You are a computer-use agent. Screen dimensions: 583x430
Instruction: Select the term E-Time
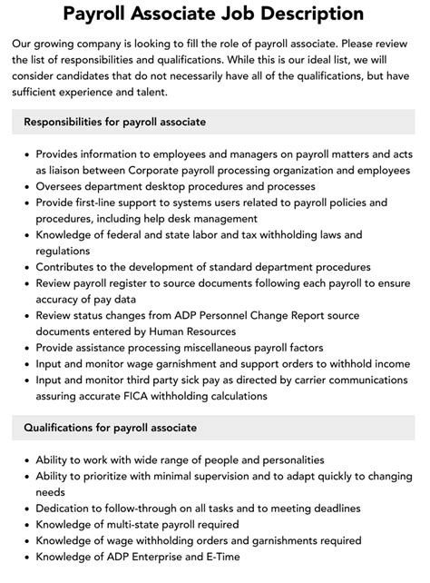(x=220, y=558)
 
